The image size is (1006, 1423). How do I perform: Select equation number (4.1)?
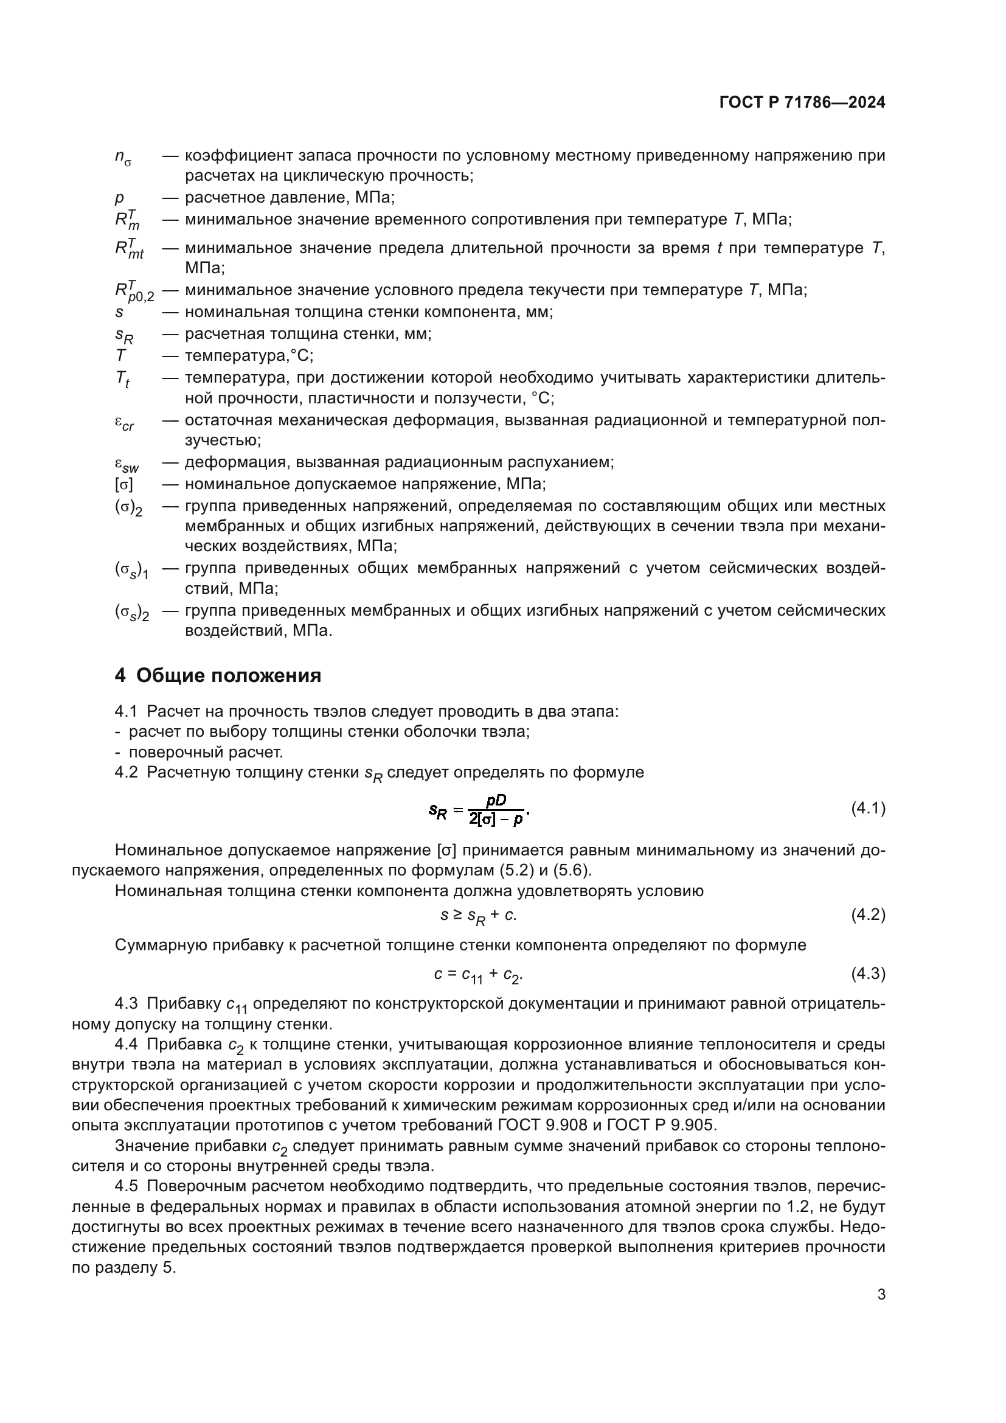[x=868, y=808]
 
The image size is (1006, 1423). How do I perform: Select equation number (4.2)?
[x=868, y=914]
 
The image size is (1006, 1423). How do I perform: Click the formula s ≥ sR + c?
[x=478, y=916]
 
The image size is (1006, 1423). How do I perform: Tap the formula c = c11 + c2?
[x=478, y=974]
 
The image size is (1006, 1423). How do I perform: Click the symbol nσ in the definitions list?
[x=123, y=158]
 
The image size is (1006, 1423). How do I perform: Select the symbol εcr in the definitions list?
[x=124, y=423]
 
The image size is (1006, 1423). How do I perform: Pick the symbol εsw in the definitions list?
[x=127, y=464]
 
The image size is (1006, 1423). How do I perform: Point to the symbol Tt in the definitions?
[x=122, y=379]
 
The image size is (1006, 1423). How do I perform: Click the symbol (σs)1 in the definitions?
[x=131, y=569]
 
